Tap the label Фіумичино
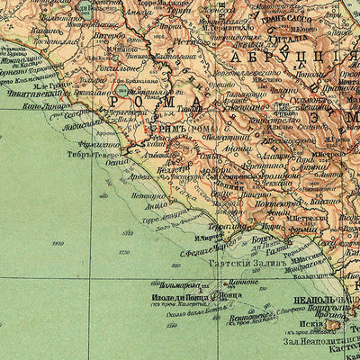[95, 141]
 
